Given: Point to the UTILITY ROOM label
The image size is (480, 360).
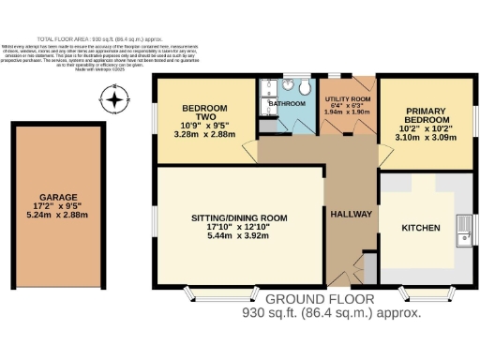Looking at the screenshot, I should click(347, 98).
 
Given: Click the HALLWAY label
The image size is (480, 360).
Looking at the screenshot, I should click(352, 215).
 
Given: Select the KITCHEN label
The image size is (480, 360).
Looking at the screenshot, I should click(420, 228).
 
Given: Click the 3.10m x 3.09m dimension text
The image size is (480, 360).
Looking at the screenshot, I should click(426, 137).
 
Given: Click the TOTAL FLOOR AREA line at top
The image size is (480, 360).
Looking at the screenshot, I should click(240, 39).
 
